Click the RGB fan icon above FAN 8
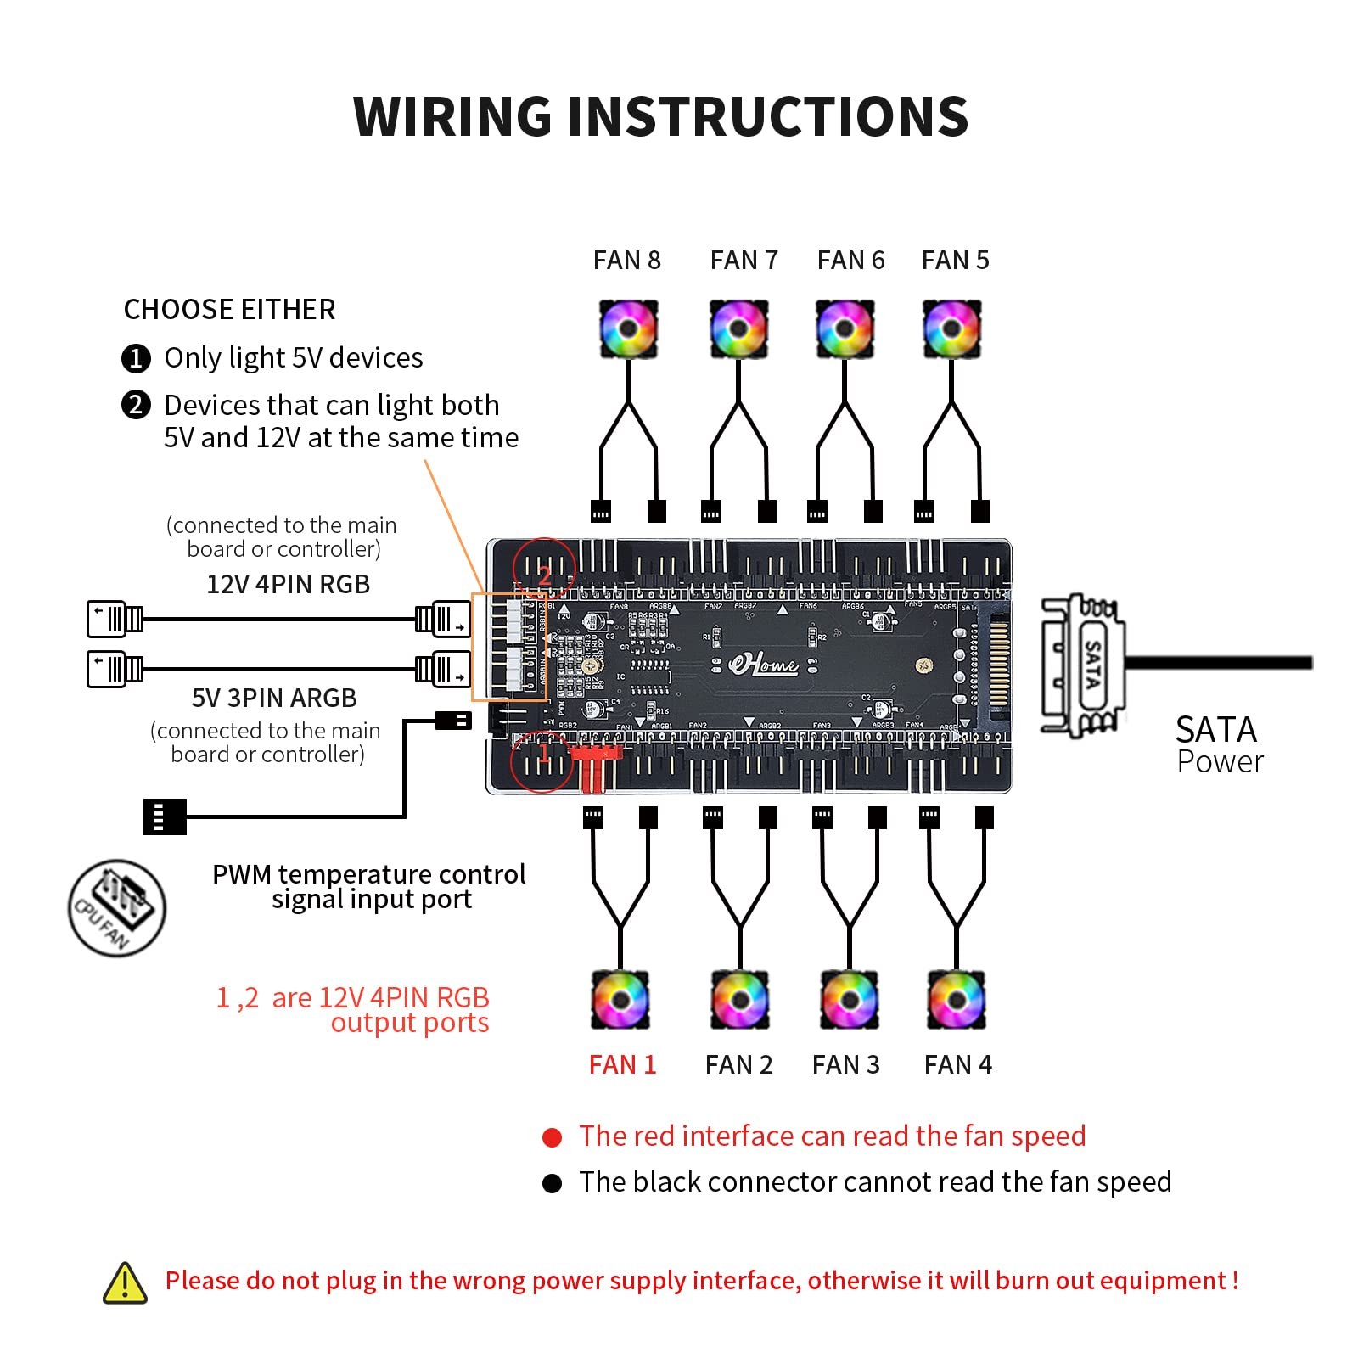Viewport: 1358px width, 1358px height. tap(628, 328)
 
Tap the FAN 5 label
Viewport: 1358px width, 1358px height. tap(955, 260)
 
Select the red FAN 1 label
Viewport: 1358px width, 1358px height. tap(622, 1064)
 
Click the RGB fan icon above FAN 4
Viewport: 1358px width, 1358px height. tap(957, 1000)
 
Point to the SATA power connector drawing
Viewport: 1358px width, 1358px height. tap(1084, 664)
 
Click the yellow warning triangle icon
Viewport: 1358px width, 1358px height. tap(125, 1282)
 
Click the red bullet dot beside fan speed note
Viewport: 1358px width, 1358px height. tap(552, 1137)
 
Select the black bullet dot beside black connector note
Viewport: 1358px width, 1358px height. tap(552, 1183)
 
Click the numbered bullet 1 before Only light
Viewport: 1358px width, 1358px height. tap(136, 358)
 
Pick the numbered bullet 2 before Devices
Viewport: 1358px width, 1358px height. tap(136, 405)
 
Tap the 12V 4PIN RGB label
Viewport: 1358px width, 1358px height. tap(289, 584)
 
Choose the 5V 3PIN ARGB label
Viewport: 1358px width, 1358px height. tap(274, 698)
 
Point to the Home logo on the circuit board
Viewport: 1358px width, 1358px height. tap(764, 664)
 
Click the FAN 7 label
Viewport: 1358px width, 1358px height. tap(744, 260)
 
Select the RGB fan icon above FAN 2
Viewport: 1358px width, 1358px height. tap(740, 1000)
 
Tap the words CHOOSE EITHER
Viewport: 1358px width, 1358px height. tap(229, 309)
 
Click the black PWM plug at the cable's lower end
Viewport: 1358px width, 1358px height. tap(165, 816)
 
